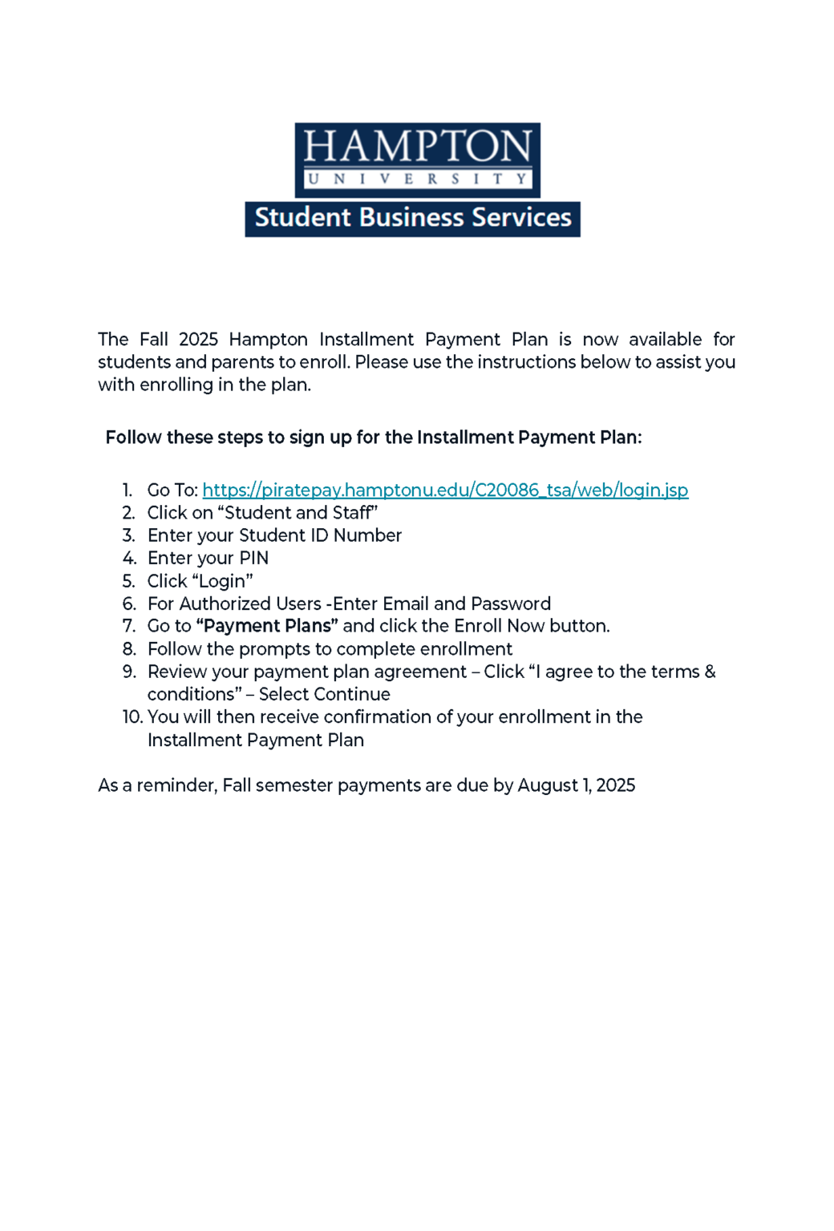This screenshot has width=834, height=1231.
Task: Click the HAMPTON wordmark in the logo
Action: coord(417,147)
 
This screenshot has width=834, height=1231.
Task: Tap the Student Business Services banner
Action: coord(412,218)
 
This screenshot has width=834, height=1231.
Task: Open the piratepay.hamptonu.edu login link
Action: coord(445,490)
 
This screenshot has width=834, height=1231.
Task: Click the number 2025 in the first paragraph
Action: coord(198,339)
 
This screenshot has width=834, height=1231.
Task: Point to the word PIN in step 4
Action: coord(253,558)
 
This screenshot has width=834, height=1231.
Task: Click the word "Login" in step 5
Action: coord(223,581)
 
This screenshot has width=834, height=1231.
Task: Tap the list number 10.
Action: coord(132,716)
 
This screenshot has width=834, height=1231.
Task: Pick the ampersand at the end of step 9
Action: coord(710,672)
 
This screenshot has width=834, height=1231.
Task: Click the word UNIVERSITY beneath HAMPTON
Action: coord(417,179)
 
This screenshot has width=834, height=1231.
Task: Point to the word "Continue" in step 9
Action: coord(357,694)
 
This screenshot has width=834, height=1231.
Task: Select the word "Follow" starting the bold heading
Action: coord(133,438)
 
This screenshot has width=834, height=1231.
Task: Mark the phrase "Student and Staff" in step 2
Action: coord(298,513)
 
